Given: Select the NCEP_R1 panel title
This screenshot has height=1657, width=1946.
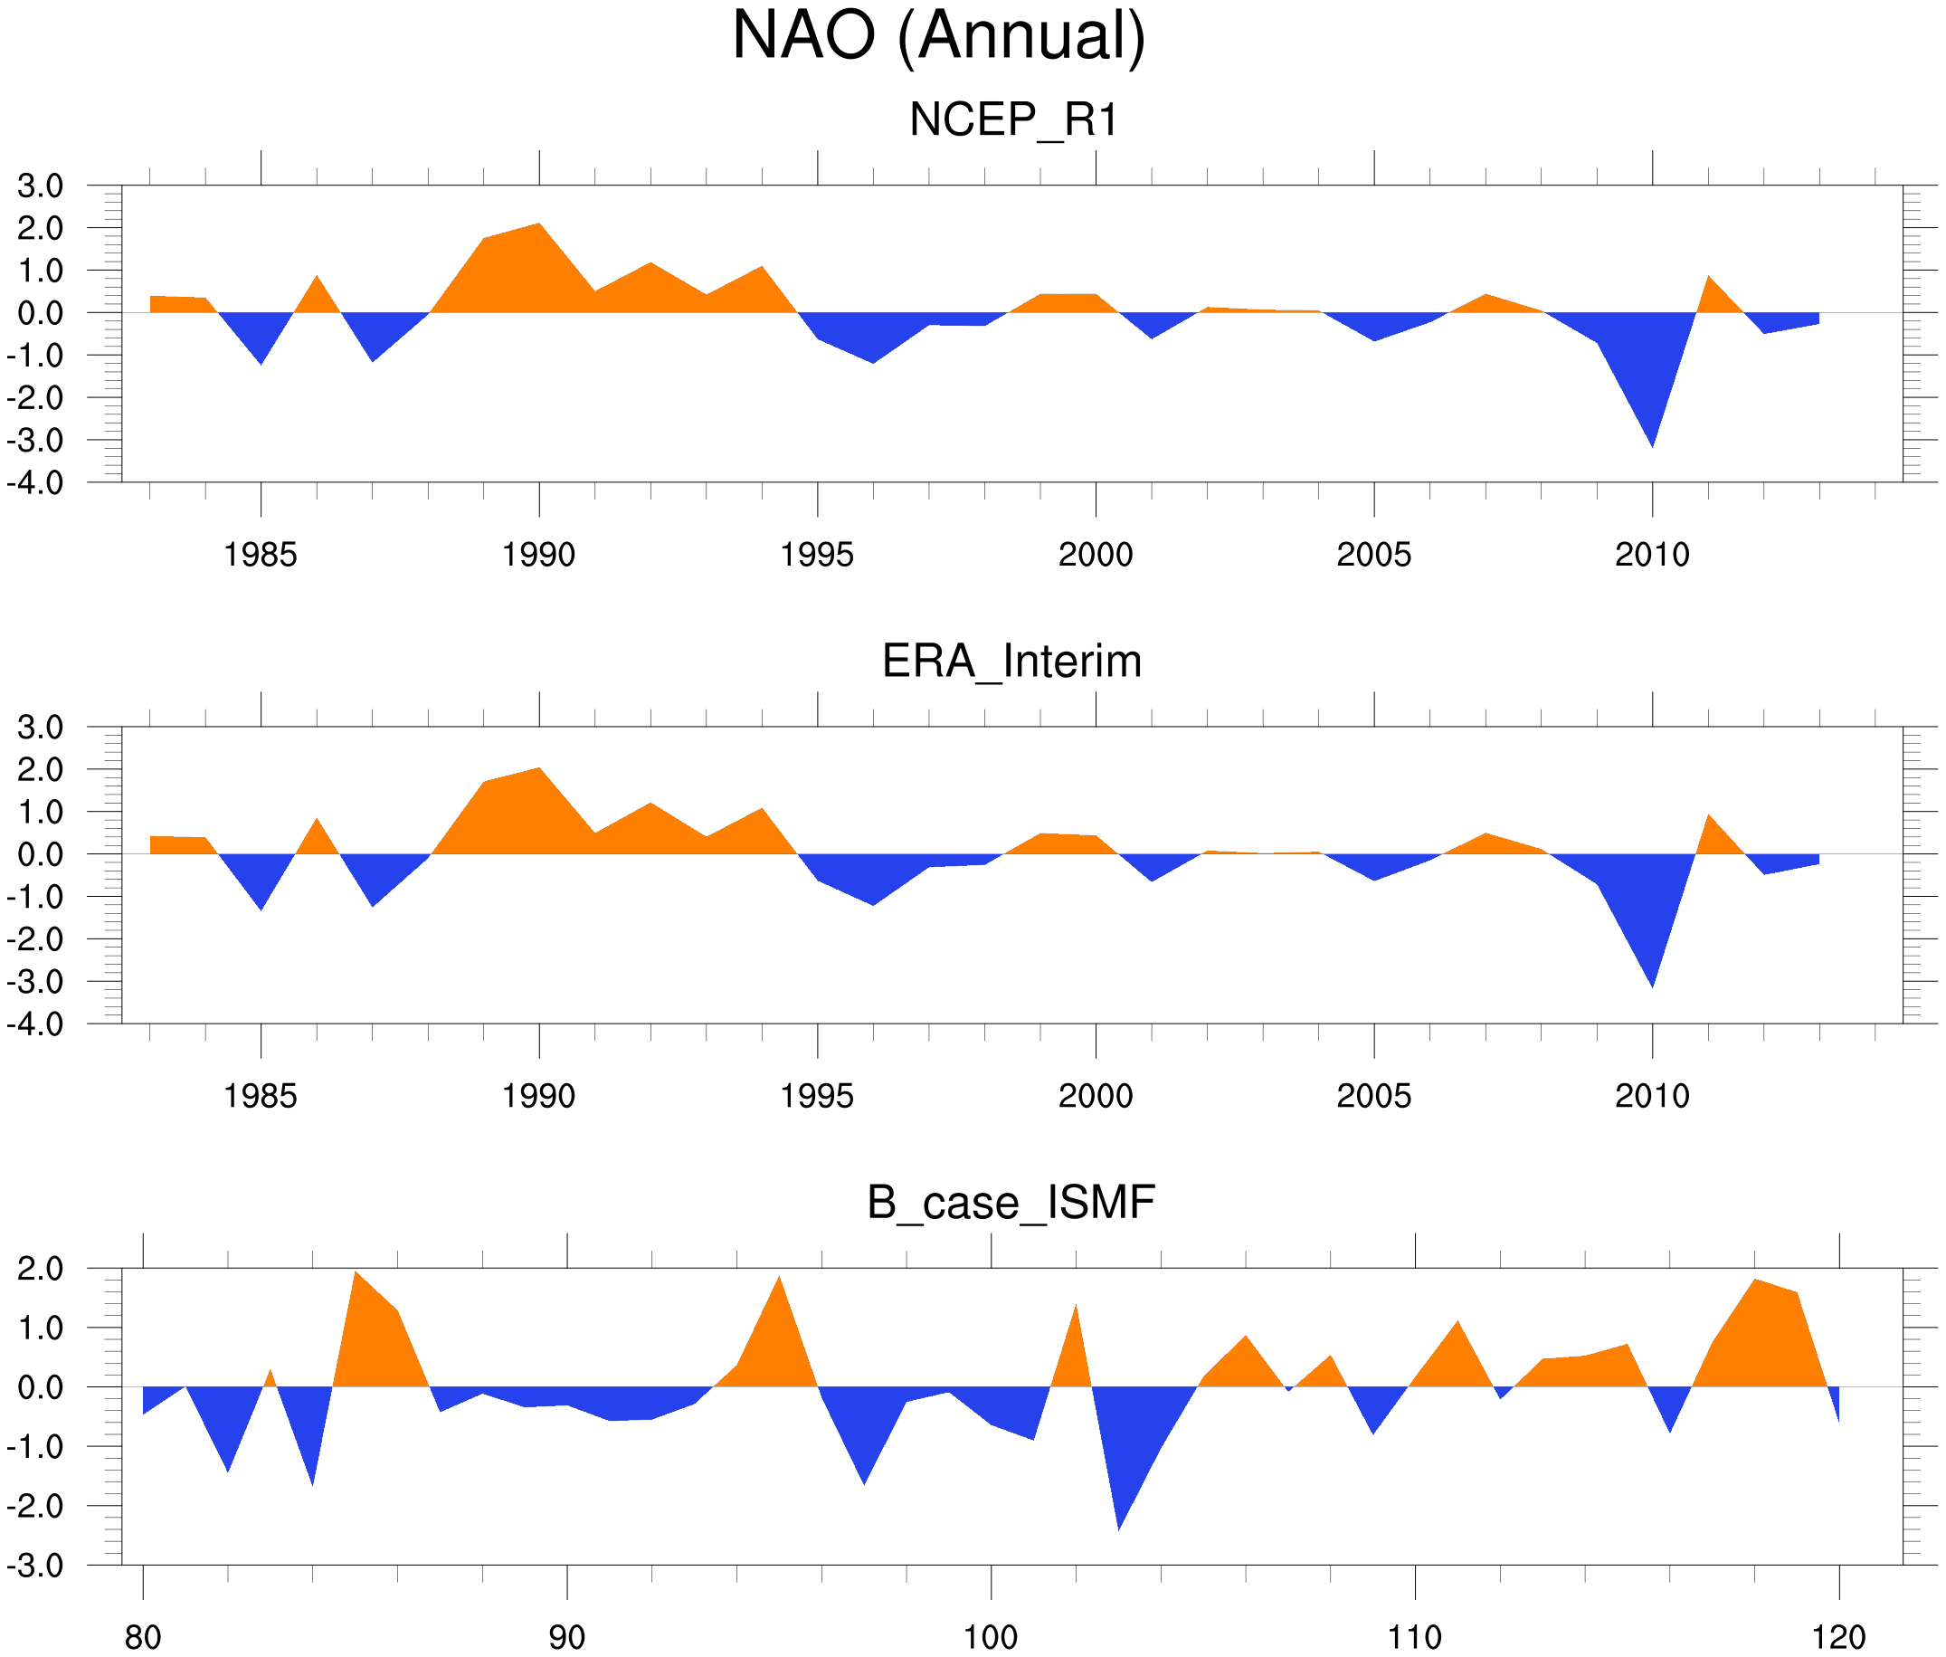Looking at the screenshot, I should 1012,120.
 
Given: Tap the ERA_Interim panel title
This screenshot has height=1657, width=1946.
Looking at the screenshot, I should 1011,662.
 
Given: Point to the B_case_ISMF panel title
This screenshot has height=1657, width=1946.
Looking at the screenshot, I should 1011,1203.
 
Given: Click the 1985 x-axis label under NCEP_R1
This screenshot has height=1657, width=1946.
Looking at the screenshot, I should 261,555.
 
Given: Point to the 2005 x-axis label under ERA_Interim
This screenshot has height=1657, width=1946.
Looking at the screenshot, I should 1373,1096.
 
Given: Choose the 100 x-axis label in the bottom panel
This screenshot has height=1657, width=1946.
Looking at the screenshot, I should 991,1637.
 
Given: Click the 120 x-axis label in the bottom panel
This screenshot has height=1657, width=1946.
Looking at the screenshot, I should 1838,1637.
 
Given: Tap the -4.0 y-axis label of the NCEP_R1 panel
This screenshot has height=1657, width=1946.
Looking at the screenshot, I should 35,484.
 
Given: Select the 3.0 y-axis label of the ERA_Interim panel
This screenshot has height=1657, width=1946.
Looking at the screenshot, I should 40,727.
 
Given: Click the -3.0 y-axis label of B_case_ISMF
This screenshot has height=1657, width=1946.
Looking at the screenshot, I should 35,1566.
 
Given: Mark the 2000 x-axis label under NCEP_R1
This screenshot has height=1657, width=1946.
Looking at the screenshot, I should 1095,555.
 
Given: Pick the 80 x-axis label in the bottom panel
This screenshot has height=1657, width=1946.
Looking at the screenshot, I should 143,1637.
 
